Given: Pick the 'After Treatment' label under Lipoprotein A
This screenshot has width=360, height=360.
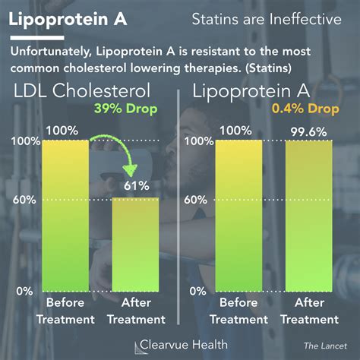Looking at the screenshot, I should pyautogui.click(x=308, y=312).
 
